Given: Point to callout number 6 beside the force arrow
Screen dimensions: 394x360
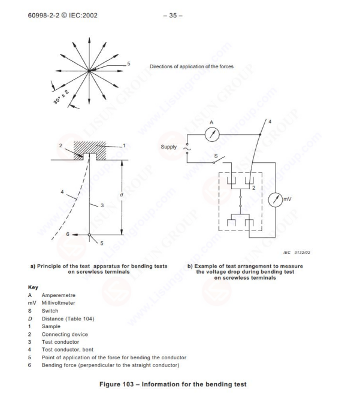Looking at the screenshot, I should (x=52, y=235).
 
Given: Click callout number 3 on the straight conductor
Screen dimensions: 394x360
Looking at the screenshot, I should (x=101, y=205).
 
